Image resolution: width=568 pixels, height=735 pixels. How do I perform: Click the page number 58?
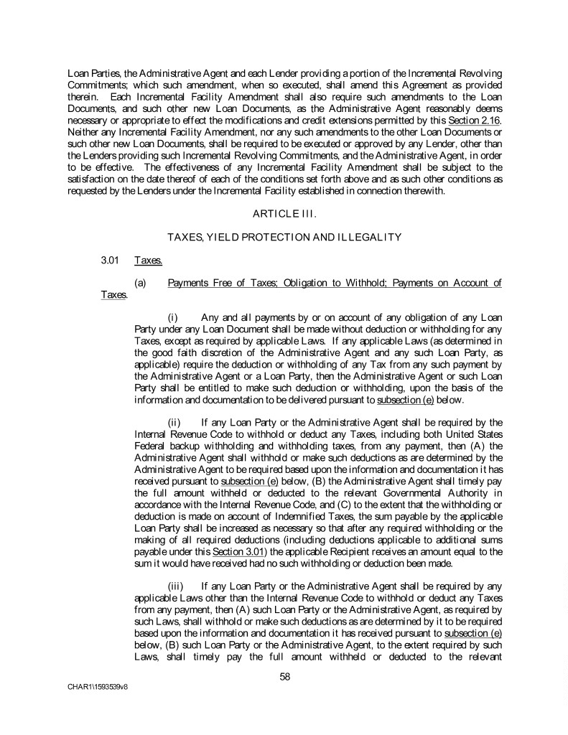tap(284, 675)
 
